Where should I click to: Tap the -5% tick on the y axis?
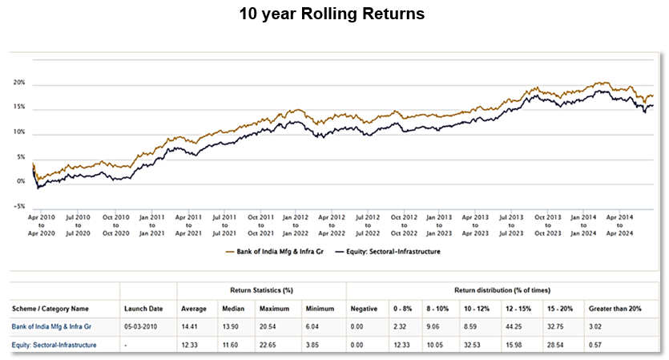(x=20, y=206)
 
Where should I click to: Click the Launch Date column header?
(x=144, y=308)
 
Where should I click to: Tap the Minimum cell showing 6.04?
(x=314, y=326)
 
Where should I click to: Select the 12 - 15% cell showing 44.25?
(x=514, y=326)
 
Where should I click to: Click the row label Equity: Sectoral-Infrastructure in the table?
(x=54, y=345)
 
